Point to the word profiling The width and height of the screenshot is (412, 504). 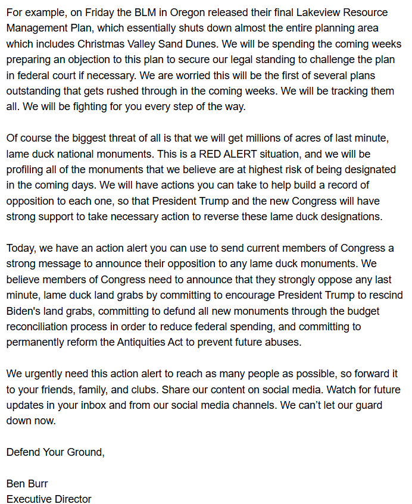point(27,169)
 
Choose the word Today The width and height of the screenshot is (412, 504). point(22,248)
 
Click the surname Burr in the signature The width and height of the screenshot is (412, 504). point(38,484)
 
